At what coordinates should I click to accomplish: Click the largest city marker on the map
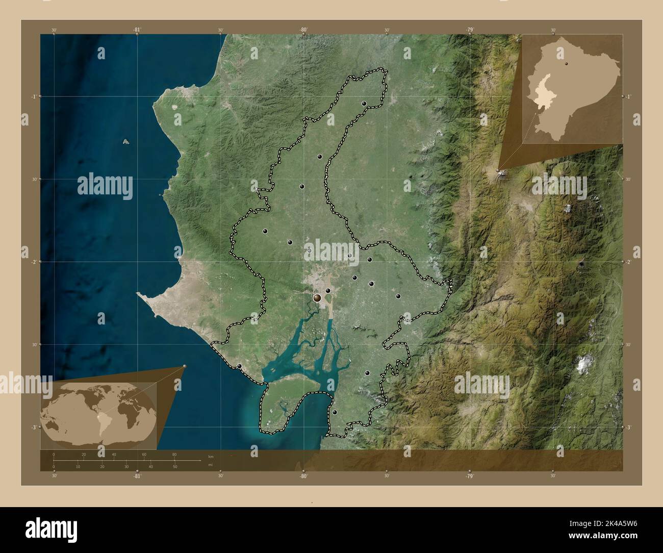(318, 297)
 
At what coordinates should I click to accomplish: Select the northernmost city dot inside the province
(364, 104)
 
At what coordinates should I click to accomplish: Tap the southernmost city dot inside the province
(335, 412)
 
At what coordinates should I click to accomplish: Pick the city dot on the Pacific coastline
(239, 366)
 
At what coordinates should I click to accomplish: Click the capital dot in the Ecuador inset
(566, 64)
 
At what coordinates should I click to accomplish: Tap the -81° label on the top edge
(137, 30)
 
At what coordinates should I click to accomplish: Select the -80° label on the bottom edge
(303, 475)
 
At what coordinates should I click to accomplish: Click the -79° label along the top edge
(469, 30)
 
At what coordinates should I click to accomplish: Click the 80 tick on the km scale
(174, 455)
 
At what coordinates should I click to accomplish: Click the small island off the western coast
(125, 142)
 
